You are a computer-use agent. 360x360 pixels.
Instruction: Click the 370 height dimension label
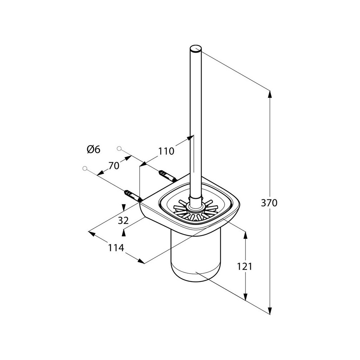(x=269, y=203)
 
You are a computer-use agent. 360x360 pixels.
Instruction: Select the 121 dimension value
(x=244, y=266)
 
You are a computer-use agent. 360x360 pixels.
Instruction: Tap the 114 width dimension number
(x=116, y=248)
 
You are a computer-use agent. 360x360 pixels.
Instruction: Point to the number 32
(x=123, y=221)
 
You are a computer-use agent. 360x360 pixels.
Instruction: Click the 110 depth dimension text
(x=166, y=151)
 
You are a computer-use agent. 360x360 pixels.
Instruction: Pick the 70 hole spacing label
(x=114, y=165)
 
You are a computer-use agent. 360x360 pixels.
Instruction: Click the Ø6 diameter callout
(x=94, y=149)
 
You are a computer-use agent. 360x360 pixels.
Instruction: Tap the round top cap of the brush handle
(x=196, y=49)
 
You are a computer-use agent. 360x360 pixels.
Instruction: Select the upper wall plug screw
(x=167, y=176)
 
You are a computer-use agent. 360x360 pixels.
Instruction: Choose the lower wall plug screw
(x=133, y=196)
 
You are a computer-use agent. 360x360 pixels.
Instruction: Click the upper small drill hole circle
(x=119, y=148)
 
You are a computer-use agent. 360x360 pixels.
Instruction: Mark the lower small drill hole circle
(x=85, y=168)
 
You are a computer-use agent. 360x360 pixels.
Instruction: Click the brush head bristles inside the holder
(x=196, y=210)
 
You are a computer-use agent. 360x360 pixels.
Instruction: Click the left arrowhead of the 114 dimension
(x=91, y=233)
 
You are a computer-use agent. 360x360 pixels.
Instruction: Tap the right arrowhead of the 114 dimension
(x=141, y=261)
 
